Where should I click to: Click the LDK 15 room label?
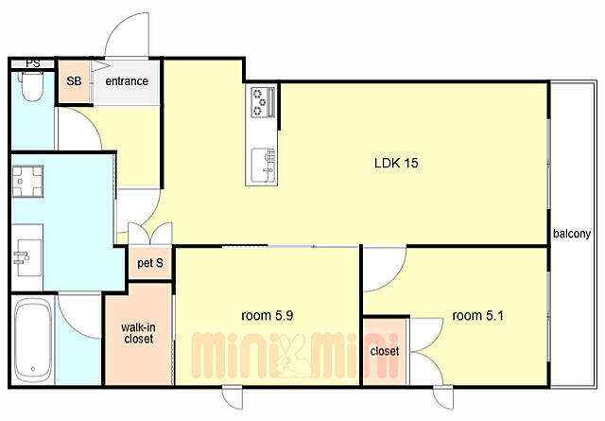(396, 163)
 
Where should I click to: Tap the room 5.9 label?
(267, 316)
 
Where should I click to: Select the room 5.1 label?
(477, 316)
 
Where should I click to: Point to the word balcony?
(572, 234)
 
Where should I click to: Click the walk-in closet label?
(139, 333)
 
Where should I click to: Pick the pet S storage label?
(150, 263)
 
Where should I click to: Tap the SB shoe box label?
(74, 81)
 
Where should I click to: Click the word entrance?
(127, 81)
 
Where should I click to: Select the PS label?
(33, 63)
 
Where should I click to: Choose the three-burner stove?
(263, 102)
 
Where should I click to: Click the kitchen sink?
(264, 166)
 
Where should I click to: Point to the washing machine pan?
(27, 182)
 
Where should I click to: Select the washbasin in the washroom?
(29, 257)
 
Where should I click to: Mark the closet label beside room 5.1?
(385, 351)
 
